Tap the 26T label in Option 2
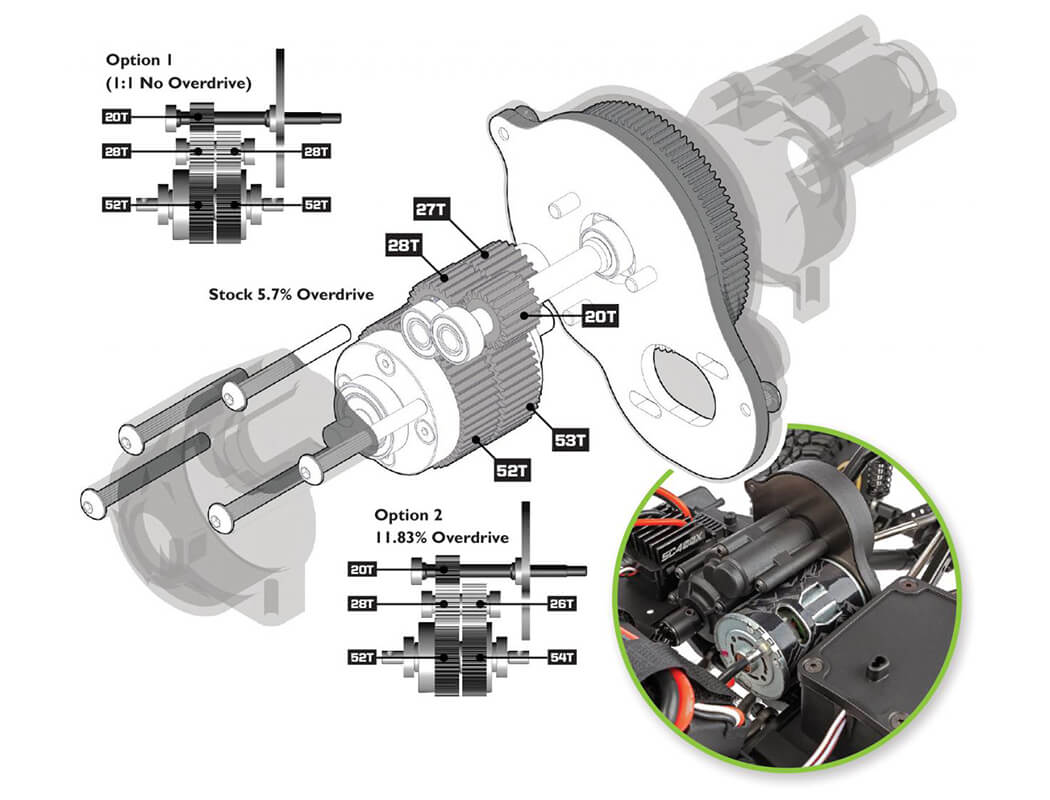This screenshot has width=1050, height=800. pos(562,604)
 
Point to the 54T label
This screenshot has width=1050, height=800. pos(562,657)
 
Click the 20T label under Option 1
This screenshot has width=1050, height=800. pos(117,116)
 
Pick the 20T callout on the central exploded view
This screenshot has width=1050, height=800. pos(601,317)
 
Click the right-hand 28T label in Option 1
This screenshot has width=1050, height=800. pos(316,152)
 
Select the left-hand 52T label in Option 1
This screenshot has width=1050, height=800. pos(117,204)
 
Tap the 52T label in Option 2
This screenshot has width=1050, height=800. pos(362,657)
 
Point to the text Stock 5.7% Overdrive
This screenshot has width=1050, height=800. pos(291,295)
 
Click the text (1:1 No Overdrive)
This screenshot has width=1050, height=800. pos(177,82)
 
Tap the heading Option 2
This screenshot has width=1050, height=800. pos(408,515)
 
